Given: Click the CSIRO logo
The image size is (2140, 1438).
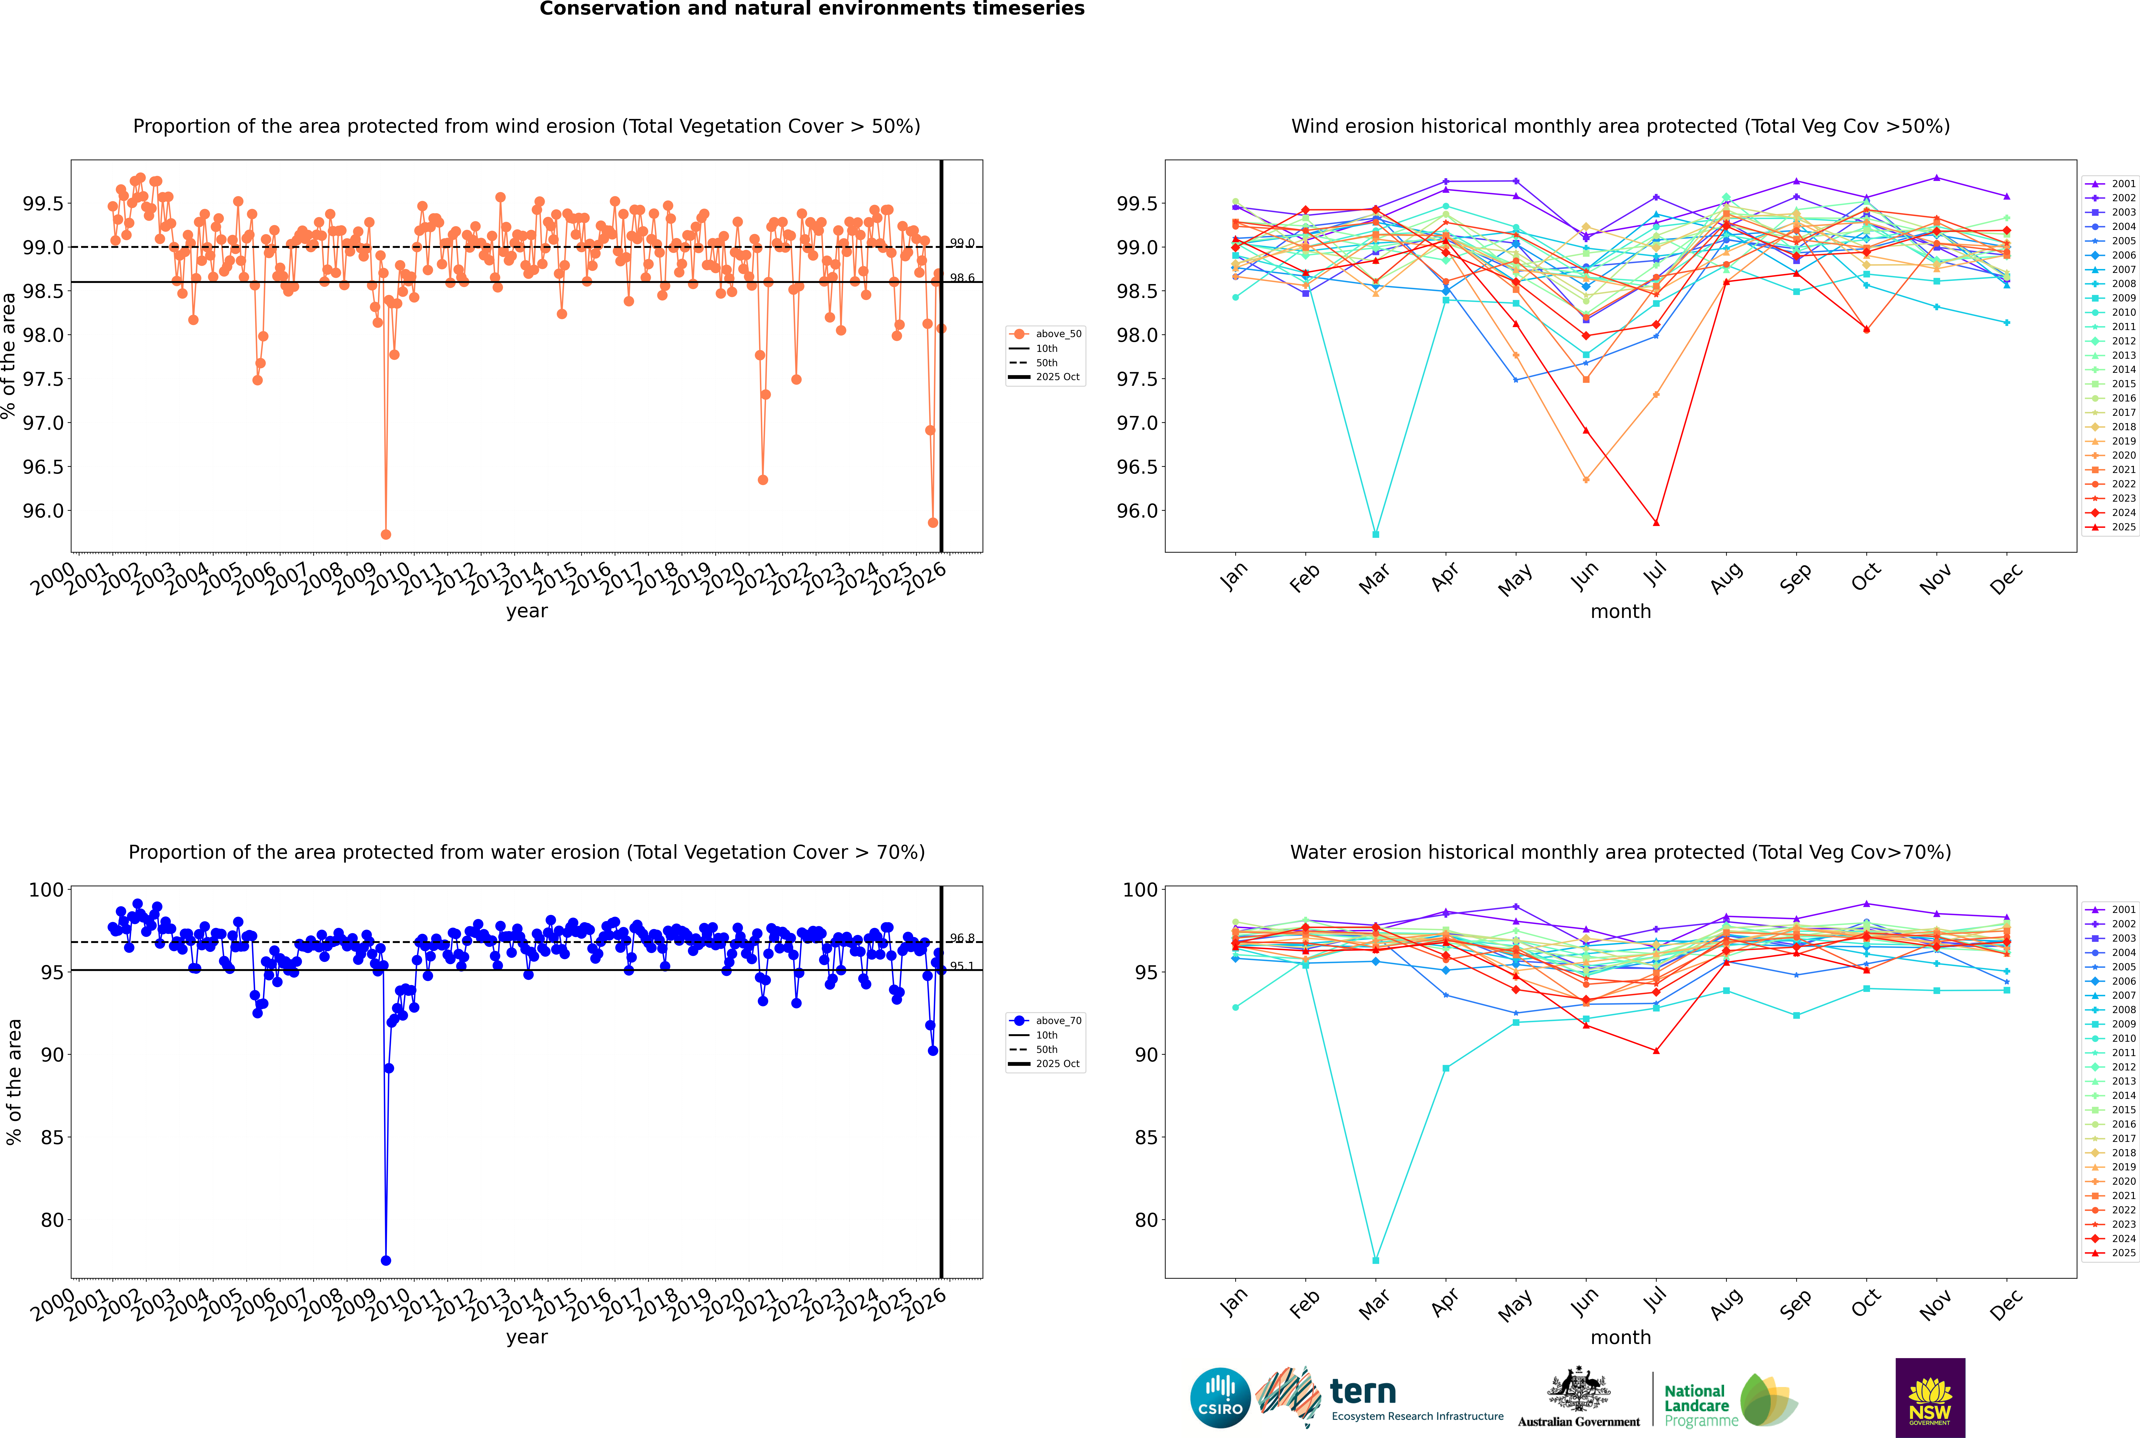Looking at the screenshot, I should click(1220, 1398).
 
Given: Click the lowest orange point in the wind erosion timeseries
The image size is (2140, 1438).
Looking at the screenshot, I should click(386, 534).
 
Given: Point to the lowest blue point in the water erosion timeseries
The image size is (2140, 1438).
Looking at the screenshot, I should click(386, 1260).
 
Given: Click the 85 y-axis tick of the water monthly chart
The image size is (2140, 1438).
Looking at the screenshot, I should click(1146, 1137).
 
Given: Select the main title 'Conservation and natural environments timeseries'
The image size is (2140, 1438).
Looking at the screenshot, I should click(812, 9).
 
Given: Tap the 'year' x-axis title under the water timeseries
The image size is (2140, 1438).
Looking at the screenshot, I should click(527, 1337).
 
